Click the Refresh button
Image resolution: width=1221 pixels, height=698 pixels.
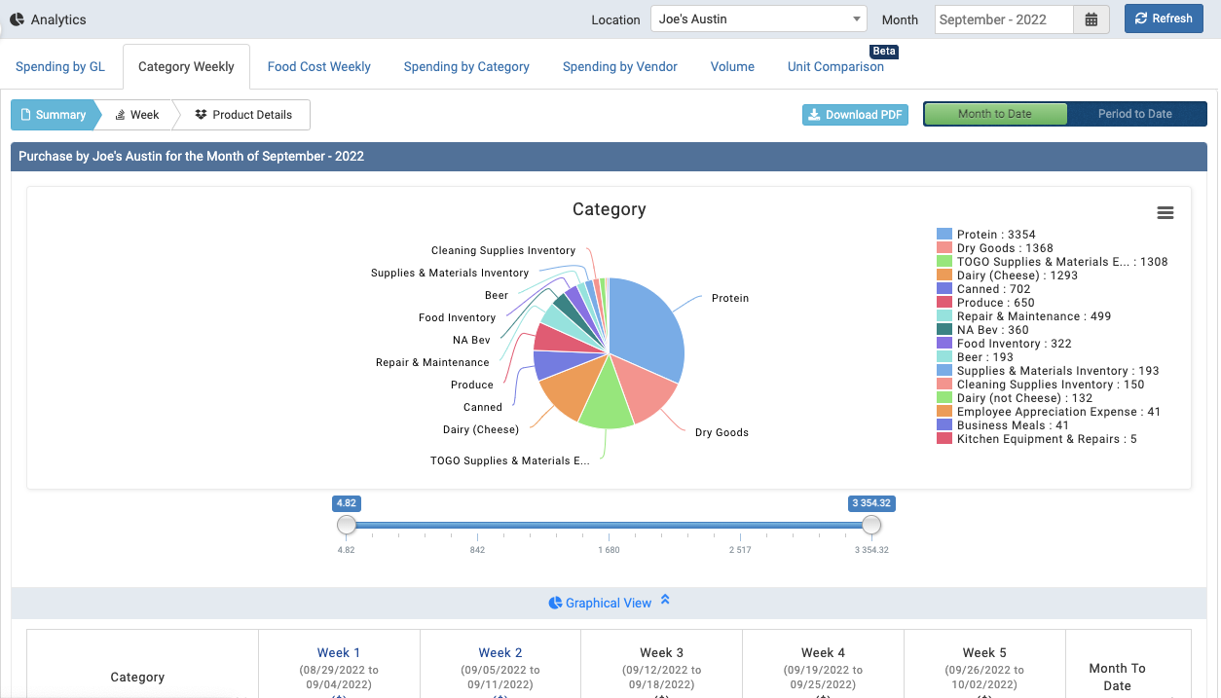[x=1164, y=18]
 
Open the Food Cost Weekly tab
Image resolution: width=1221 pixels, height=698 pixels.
[x=318, y=67]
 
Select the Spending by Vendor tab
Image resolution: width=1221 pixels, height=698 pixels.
[x=619, y=67]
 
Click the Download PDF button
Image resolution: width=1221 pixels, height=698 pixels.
[x=855, y=115]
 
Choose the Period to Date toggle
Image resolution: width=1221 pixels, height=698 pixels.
[x=1134, y=114]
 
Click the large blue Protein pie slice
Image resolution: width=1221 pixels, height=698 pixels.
[x=647, y=326]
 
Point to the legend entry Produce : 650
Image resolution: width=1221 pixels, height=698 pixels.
[x=995, y=303]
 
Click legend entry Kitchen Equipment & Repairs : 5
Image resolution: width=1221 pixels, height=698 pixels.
[x=1046, y=439]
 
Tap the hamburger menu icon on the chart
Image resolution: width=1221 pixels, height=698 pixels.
[x=1165, y=213]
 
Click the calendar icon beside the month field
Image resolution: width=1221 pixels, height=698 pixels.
[x=1091, y=19]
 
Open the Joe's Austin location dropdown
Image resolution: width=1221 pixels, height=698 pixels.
[x=758, y=19]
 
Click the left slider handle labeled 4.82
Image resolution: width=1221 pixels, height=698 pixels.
[x=347, y=526]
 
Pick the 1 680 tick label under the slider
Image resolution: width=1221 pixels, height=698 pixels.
[x=609, y=550]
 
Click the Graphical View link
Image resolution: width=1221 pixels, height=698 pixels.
[x=608, y=603]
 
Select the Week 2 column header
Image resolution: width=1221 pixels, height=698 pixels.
[x=500, y=653]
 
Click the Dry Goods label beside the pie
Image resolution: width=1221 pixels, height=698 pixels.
[x=721, y=432]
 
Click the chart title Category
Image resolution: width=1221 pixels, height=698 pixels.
[x=609, y=209]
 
